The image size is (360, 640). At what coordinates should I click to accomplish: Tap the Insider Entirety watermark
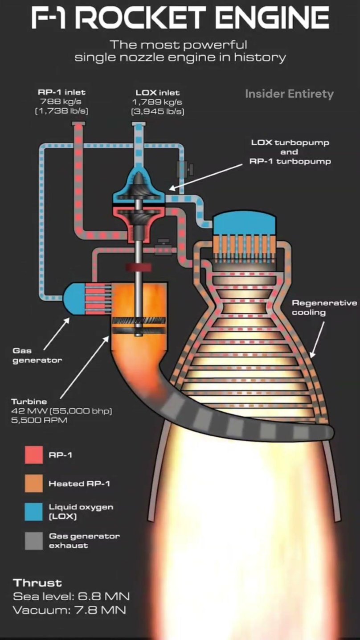289,94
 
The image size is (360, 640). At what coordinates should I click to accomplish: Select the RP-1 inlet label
61,93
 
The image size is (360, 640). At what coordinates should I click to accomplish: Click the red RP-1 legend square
34,455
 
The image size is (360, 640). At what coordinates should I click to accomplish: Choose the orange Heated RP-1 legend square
34,483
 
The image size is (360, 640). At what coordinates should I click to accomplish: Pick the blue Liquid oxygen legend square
34,512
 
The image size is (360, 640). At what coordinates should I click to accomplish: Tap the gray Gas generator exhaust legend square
34,540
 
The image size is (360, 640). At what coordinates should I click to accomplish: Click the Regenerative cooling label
324,308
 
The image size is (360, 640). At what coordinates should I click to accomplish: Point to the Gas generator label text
37,356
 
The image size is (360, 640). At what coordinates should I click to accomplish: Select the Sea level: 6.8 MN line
71,596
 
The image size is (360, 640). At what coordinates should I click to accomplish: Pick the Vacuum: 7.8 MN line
69,610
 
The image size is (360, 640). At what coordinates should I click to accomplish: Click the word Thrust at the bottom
37,583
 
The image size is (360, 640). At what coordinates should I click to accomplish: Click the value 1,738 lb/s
61,111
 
